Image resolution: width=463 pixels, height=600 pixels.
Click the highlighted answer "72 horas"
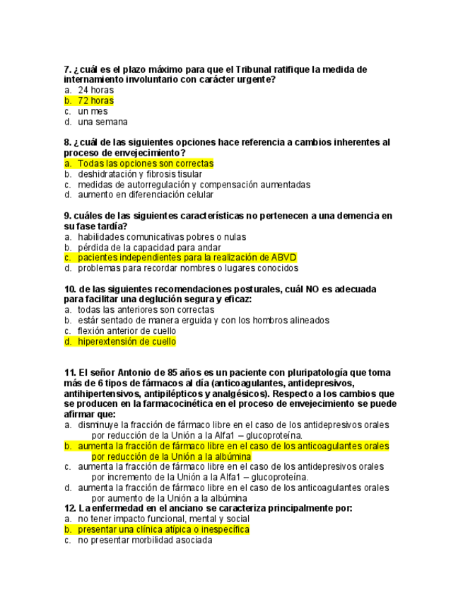(95, 101)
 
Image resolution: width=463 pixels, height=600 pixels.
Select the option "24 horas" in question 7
(95, 91)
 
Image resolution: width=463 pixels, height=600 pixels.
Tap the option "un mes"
(93, 112)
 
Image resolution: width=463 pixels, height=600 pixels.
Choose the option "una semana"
(102, 122)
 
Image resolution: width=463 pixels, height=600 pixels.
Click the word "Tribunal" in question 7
(244, 69)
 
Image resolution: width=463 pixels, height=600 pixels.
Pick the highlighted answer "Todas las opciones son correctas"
(145, 163)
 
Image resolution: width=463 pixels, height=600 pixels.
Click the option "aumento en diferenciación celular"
(145, 195)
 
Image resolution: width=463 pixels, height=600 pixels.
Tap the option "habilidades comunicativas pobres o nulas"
(161, 237)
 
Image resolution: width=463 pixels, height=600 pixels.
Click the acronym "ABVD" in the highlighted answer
(283, 258)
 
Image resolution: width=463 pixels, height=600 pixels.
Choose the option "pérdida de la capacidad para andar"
(148, 248)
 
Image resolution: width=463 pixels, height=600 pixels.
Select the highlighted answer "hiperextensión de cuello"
(127, 342)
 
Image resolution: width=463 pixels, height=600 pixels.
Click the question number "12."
(70, 508)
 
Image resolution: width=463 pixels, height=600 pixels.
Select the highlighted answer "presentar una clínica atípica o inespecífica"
(163, 529)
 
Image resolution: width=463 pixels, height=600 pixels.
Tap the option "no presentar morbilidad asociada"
(144, 540)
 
